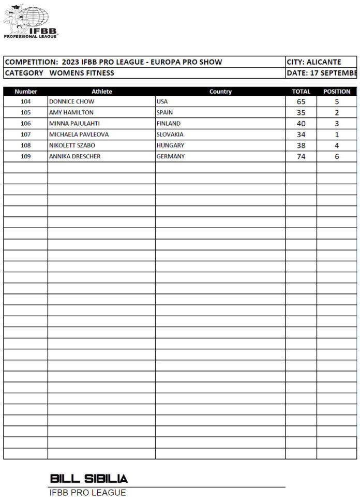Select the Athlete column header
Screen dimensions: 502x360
(x=101, y=92)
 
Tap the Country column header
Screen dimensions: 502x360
(x=220, y=92)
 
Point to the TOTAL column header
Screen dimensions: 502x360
(x=301, y=92)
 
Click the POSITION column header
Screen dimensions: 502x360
(x=337, y=92)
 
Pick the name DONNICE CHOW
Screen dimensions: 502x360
(x=71, y=102)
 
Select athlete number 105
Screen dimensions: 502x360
(x=26, y=113)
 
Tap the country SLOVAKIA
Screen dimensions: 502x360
(x=170, y=135)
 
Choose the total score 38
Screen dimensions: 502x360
(x=301, y=145)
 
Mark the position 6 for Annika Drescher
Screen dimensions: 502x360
(x=337, y=156)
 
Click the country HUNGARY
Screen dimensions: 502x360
(x=170, y=145)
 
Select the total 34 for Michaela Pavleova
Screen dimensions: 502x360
(x=301, y=135)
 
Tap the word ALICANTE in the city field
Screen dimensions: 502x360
(x=324, y=62)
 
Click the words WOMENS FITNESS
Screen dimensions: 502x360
(x=82, y=73)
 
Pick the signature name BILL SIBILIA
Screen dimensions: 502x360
(x=89, y=478)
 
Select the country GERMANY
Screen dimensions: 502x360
(x=170, y=156)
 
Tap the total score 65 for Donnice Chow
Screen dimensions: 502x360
(x=301, y=102)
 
